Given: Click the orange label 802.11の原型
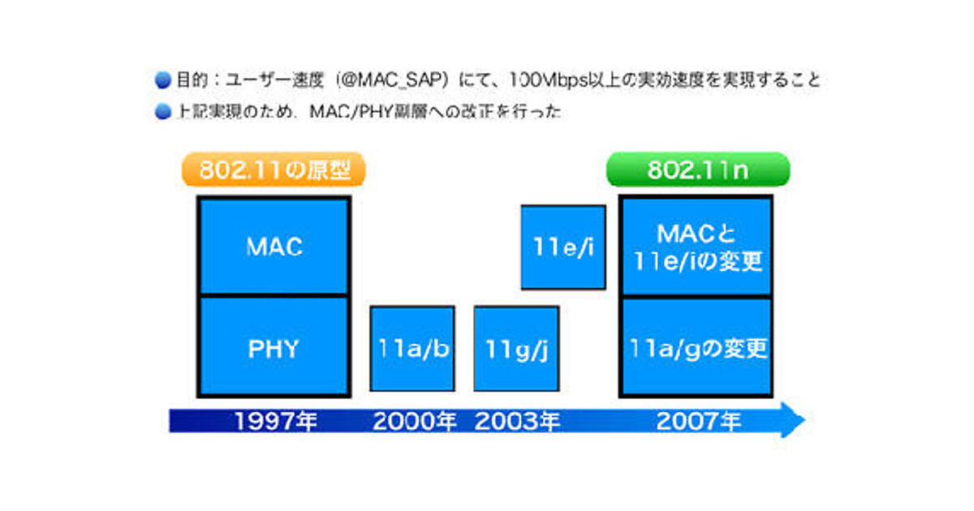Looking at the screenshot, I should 273,171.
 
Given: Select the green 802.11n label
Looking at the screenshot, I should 698,170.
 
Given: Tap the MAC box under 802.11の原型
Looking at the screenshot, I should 274,247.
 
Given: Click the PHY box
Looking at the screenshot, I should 274,348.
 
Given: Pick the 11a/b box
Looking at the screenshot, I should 412,349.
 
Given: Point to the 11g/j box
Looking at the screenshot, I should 516,349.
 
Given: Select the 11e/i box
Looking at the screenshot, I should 563,247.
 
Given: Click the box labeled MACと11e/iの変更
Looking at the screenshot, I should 696,247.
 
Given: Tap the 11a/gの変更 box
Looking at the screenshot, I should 696,348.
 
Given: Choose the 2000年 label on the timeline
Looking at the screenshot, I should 415,422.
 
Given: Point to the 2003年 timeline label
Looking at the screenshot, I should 517,422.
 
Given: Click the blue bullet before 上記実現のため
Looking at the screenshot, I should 162,112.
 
